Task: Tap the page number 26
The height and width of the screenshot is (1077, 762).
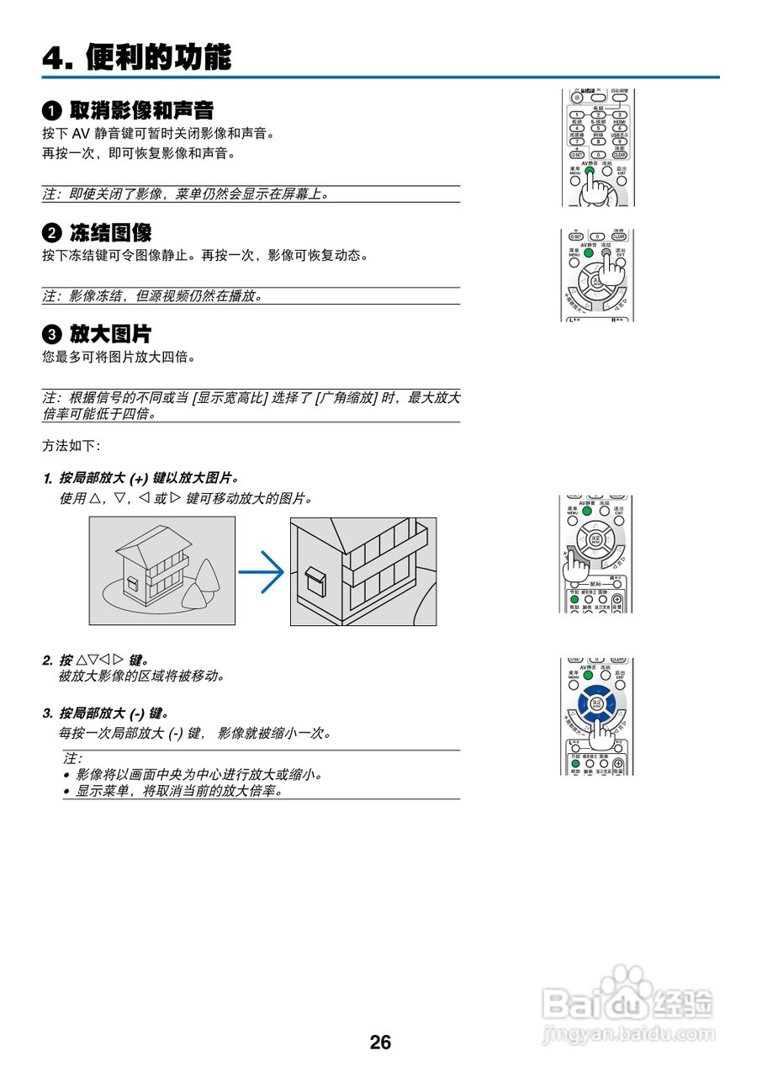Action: pyautogui.click(x=380, y=1043)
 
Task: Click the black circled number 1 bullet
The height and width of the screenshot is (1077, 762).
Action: pyautogui.click(x=52, y=110)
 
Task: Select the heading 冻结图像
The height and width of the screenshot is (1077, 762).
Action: pyautogui.click(x=110, y=233)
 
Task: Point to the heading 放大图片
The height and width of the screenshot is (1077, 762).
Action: pyautogui.click(x=110, y=334)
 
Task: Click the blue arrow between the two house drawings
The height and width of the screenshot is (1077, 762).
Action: pyautogui.click(x=262, y=572)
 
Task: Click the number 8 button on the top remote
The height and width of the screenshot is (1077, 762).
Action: pyautogui.click(x=598, y=141)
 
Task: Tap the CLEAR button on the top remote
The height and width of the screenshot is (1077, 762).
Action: pyautogui.click(x=619, y=155)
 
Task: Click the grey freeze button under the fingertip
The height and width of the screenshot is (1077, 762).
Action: pyautogui.click(x=606, y=252)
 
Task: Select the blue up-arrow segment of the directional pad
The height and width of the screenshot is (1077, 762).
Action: pyautogui.click(x=597, y=692)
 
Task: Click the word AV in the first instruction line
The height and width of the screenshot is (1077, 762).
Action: pyautogui.click(x=80, y=134)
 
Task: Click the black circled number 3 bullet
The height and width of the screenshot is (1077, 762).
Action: pyautogui.click(x=52, y=334)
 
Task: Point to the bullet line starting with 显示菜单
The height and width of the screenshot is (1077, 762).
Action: pyautogui.click(x=177, y=791)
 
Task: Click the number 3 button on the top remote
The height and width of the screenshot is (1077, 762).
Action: pyautogui.click(x=620, y=114)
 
